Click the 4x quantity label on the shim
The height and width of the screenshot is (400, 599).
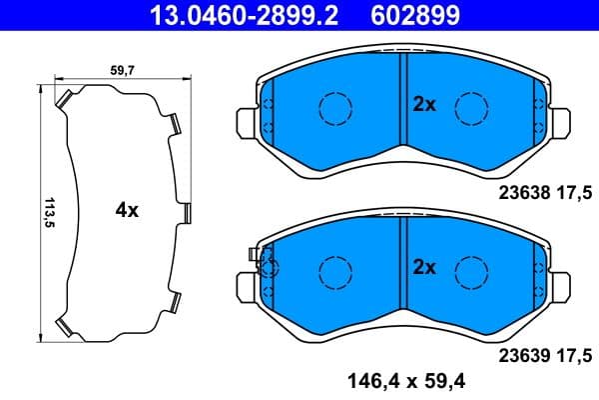click(x=126, y=211)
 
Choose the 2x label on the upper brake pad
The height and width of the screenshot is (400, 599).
click(x=424, y=105)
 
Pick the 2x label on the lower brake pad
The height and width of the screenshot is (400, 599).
click(x=424, y=267)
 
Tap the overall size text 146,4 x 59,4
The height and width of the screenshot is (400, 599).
click(x=406, y=380)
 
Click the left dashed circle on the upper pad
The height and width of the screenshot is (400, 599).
click(x=333, y=106)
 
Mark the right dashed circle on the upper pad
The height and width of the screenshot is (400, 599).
click(x=469, y=106)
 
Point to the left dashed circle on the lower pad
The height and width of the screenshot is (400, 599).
click(x=333, y=268)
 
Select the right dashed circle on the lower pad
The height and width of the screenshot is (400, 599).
click(x=469, y=268)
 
